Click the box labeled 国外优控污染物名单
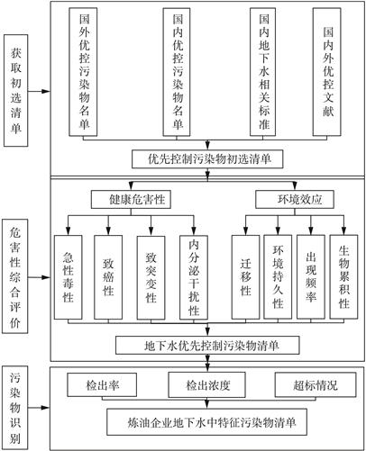[83, 72]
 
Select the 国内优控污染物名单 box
[177, 72]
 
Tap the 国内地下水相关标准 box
[263, 72]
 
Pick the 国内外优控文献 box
[327, 72]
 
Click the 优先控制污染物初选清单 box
[207, 159]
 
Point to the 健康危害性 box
[131, 200]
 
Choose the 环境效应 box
[295, 200]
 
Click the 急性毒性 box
[69, 277]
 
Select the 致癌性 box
[108, 277]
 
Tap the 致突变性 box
[151, 277]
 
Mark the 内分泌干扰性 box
[194, 277]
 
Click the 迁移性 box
[245, 277]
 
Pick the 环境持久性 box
[278, 277]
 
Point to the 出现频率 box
[311, 277]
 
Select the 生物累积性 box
[343, 277]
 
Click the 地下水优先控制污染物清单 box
[207, 346]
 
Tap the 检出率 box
[102, 385]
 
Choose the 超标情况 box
[316, 385]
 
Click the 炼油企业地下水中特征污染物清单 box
[207, 422]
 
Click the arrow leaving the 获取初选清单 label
[39, 91]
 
